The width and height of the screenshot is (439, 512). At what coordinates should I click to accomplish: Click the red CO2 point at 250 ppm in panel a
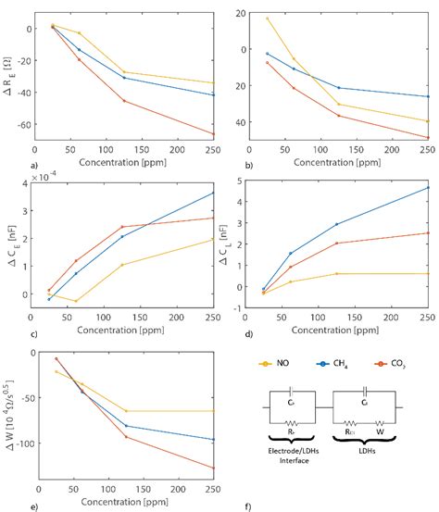[x=213, y=134]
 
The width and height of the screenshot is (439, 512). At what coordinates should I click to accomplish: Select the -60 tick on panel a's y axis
[x=23, y=124]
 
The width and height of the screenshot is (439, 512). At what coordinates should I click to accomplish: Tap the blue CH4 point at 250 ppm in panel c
[x=213, y=193]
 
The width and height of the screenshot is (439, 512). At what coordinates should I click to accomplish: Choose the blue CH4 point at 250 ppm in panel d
[x=428, y=188]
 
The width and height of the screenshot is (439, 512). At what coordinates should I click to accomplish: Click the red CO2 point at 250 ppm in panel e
[x=213, y=468]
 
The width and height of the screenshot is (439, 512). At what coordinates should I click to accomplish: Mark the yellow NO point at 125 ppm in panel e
[x=126, y=411]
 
